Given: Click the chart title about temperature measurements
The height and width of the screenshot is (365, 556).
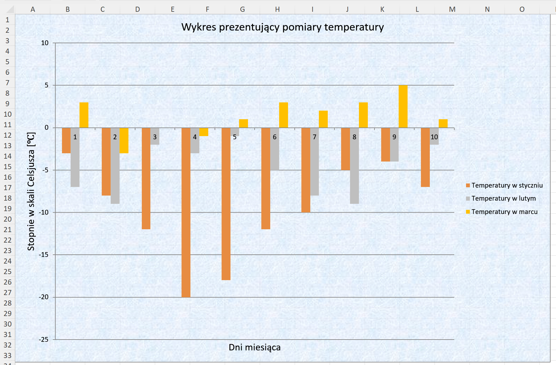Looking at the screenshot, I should coord(282,27).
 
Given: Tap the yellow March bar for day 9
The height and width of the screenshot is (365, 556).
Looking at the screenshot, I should coord(403,107).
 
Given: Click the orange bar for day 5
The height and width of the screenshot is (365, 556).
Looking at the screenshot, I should coord(226,203).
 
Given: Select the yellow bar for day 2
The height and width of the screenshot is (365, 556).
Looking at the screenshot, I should coord(124,141).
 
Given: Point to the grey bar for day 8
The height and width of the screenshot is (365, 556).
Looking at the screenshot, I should coord(354,172).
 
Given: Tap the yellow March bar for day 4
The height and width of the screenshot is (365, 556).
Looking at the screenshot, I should coord(204,132).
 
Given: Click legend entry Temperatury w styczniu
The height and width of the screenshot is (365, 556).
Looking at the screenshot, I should coord(507,185).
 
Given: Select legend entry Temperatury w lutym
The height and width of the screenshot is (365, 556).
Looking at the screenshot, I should coord(503,198).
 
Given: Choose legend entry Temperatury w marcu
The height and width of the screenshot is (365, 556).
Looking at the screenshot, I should coord(504,212).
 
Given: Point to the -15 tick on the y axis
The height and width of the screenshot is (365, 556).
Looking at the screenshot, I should coord(44,255).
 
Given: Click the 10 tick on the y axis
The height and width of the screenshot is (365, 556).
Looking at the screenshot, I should coord(45,43).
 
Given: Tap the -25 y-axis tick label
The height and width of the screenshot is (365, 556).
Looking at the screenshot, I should coord(44,340).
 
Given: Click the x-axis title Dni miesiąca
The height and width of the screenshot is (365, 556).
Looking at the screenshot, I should coord(254,347).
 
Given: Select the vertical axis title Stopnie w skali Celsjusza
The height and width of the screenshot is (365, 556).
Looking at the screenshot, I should coord(31,191).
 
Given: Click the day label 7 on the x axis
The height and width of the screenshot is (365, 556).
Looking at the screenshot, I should coord(314,137).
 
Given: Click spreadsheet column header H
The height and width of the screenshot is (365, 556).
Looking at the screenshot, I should coord(277,9).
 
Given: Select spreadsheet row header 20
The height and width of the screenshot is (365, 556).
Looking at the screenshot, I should coord(8,219).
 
